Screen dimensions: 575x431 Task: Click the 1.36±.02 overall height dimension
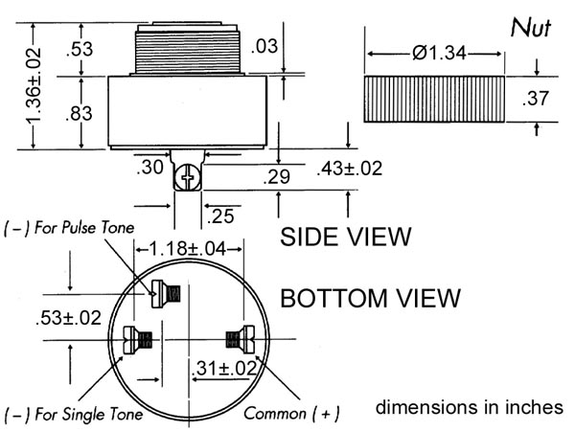click(34, 84)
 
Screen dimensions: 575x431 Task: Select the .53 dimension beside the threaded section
click(80, 49)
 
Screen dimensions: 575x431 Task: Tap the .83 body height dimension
click(79, 113)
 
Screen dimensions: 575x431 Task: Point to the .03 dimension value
click(264, 47)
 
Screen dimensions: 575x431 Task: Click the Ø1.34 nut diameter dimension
click(439, 53)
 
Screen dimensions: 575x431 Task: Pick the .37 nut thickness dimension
click(536, 99)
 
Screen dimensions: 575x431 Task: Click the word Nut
click(531, 28)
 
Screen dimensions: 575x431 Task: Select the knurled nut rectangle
click(434, 99)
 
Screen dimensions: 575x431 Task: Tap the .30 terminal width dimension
click(149, 167)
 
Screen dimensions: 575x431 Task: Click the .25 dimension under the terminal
click(220, 215)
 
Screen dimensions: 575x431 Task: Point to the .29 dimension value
click(277, 176)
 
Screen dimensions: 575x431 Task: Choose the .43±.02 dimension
click(350, 169)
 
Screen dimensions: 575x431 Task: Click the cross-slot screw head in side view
click(188, 178)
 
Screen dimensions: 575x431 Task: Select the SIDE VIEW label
click(346, 237)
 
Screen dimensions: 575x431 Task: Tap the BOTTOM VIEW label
click(370, 298)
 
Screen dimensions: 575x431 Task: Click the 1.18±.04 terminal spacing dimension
click(188, 249)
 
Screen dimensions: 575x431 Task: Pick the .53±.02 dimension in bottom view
click(69, 318)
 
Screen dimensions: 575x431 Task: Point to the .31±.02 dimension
click(224, 368)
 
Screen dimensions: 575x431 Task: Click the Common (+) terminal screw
click(241, 339)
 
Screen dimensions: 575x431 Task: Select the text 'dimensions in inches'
click(469, 407)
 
